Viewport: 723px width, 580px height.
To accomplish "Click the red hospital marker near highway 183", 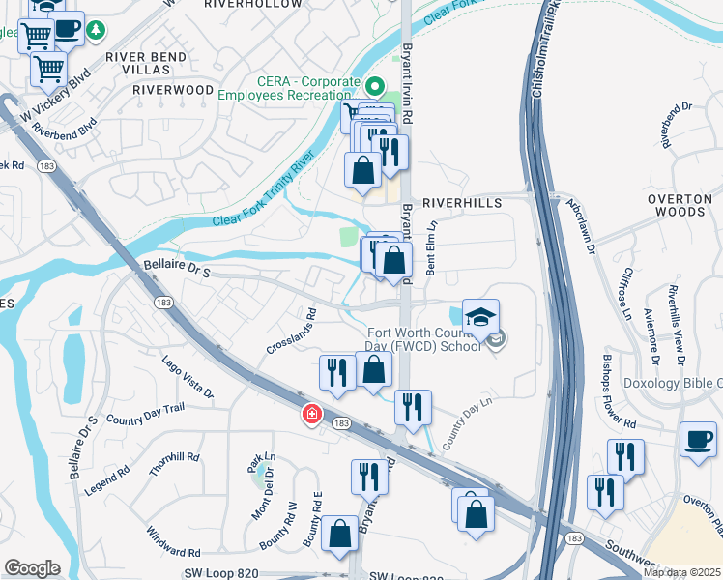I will [311, 414].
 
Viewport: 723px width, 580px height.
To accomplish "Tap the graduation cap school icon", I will [480, 315].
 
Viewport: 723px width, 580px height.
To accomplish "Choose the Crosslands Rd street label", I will [299, 331].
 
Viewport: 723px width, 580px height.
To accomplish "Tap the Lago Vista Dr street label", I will [188, 377].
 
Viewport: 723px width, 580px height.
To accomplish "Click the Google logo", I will [32, 568].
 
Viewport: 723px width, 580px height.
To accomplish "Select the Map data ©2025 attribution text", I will [680, 572].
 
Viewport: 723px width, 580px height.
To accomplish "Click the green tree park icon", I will [96, 30].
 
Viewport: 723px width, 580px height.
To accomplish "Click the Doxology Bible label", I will [674, 384].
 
